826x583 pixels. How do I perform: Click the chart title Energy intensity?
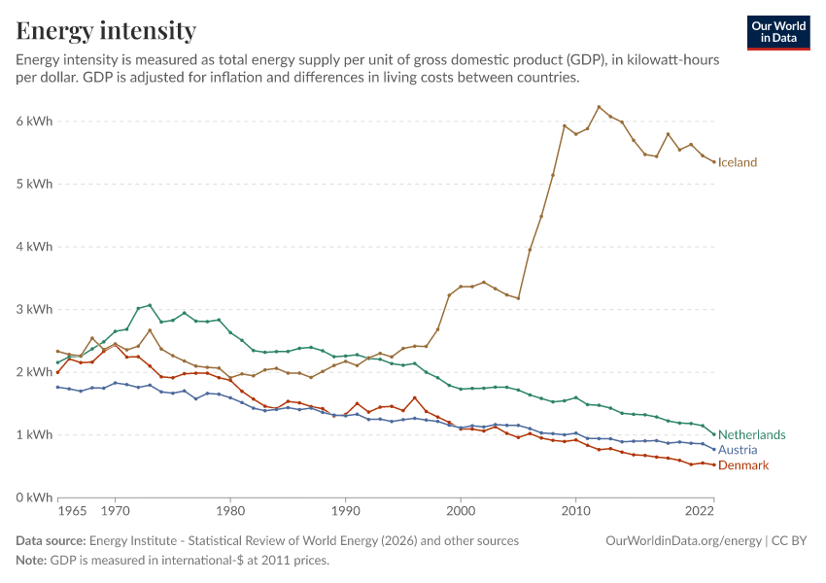point(106,30)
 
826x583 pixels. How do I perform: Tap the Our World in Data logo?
point(778,33)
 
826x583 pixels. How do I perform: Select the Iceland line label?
point(737,162)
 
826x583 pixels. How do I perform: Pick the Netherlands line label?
point(752,434)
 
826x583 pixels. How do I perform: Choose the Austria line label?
point(738,450)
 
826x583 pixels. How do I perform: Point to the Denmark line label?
point(743,465)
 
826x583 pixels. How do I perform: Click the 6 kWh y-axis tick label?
point(34,121)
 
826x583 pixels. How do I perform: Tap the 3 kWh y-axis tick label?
point(34,309)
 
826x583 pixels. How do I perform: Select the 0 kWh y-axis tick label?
point(34,497)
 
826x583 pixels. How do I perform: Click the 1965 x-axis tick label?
point(72,511)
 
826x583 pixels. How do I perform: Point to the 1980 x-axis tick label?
point(230,511)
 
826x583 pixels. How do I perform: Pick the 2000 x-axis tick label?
point(461,511)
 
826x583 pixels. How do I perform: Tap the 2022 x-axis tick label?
point(700,511)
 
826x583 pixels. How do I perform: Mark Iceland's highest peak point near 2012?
point(599,107)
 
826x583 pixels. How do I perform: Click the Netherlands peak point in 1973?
point(150,305)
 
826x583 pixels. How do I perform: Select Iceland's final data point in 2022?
point(714,162)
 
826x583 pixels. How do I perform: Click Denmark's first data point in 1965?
point(58,372)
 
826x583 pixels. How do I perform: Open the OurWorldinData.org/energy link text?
point(684,541)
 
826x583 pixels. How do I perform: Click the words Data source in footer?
point(51,541)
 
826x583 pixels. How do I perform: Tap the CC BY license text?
point(789,541)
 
